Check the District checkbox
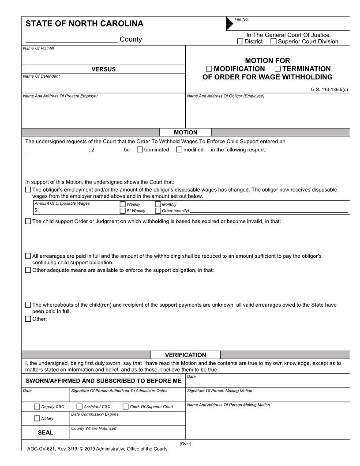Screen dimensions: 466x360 click(240, 41)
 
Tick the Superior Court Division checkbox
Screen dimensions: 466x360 click(274, 41)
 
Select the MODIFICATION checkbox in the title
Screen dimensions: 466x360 click(209, 69)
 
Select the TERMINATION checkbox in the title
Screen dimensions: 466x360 click(278, 69)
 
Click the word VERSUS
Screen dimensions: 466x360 click(103, 69)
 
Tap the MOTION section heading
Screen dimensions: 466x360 click(186, 132)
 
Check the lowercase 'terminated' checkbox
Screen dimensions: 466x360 click(140, 150)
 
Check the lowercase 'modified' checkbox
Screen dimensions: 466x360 click(179, 150)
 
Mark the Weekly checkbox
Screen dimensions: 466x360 click(123, 204)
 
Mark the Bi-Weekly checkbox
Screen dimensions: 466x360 click(123, 210)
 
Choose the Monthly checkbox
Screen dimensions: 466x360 click(158, 204)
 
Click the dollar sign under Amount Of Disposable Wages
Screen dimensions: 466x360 click(36, 210)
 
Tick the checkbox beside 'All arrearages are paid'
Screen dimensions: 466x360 click(28, 256)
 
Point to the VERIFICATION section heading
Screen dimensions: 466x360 click(185, 355)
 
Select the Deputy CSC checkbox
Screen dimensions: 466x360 click(37, 406)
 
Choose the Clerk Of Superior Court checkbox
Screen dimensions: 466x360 click(126, 406)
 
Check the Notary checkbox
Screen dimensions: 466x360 click(37, 418)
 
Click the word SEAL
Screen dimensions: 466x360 click(46, 432)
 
